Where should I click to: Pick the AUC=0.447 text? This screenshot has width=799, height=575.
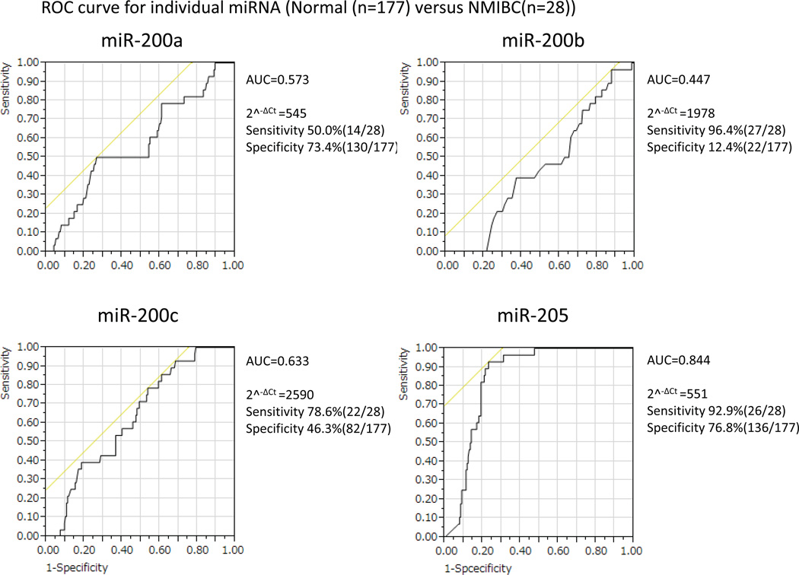tap(673, 79)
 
